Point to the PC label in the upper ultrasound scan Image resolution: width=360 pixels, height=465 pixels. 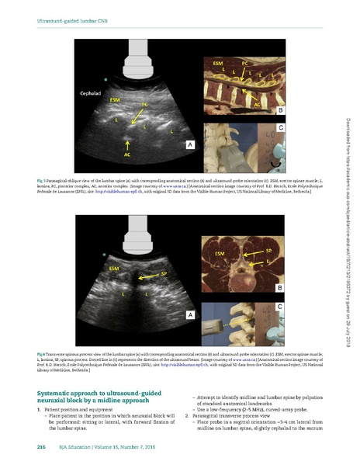tap(144, 103)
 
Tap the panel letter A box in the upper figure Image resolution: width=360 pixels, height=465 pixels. tap(188, 144)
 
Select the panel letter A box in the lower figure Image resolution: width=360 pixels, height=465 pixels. tap(188, 315)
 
